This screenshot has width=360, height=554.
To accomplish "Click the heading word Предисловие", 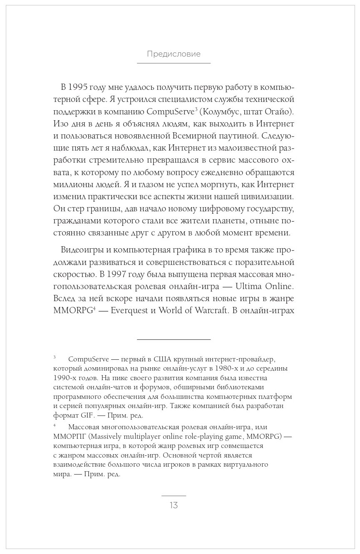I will click(x=174, y=54).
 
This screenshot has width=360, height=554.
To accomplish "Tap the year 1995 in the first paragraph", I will click(x=79, y=87).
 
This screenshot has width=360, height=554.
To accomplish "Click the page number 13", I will click(x=174, y=505).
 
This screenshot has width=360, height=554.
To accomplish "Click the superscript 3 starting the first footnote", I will click(x=55, y=357).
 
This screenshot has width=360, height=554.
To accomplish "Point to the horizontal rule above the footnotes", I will click(x=174, y=340).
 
